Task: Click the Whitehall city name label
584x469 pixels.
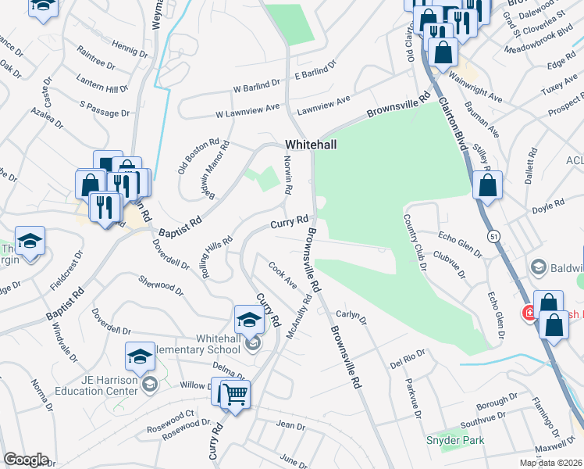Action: pyautogui.click(x=311, y=145)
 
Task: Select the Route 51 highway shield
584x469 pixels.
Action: pyautogui.click(x=493, y=234)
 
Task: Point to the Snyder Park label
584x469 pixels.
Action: pyautogui.click(x=454, y=440)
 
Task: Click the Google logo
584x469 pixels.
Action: pyautogui.click(x=27, y=460)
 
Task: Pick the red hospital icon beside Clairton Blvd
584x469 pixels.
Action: pyautogui.click(x=529, y=313)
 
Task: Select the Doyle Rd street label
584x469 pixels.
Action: pyautogui.click(x=547, y=206)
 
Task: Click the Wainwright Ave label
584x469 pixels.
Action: pyautogui.click(x=476, y=88)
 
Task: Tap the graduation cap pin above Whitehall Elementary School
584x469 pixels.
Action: pyautogui.click(x=249, y=319)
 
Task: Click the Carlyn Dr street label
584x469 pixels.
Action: pyautogui.click(x=351, y=315)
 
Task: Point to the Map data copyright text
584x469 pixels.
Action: pyautogui.click(x=550, y=463)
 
